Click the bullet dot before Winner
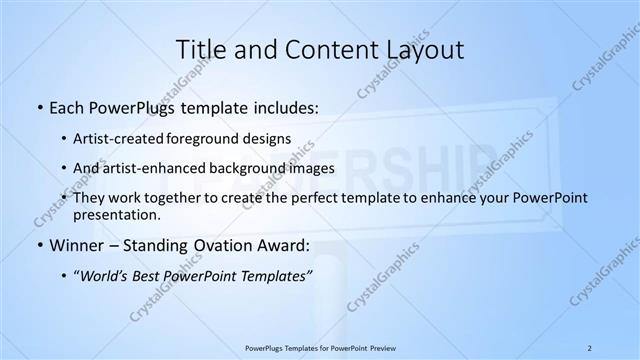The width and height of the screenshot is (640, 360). click(x=38, y=245)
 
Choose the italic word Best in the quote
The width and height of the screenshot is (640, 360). click(x=152, y=277)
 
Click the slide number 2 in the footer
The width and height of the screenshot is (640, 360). click(x=589, y=347)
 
